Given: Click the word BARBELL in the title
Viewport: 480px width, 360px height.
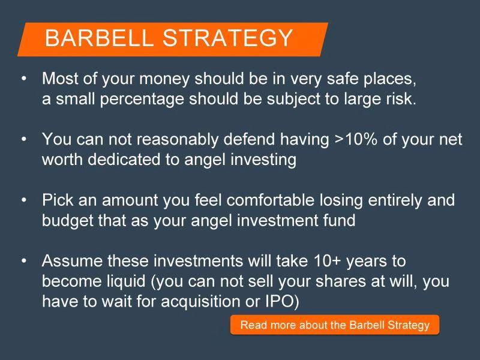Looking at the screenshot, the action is tap(99, 38).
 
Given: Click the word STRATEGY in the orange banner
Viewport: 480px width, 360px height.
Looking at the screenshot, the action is tap(227, 38).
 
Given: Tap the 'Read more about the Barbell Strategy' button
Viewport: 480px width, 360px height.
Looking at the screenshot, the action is tap(335, 325).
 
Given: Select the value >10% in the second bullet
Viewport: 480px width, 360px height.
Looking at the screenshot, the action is tap(356, 139).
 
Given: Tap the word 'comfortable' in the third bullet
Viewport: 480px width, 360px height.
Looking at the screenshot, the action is tap(271, 200).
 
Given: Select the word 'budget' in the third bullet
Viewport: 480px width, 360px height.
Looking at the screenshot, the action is tap(68, 221).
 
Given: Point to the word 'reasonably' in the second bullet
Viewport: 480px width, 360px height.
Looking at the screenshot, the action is tap(178, 140).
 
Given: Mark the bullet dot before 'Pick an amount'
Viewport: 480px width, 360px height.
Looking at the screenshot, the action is tap(24, 200).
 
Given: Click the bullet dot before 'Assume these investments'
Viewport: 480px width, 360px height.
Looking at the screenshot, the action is tap(24, 261).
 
